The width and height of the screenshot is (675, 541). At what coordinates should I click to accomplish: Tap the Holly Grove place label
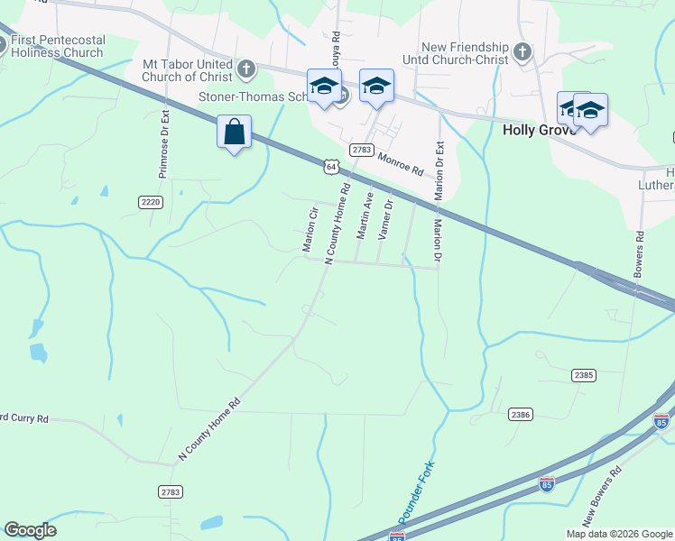[538, 130]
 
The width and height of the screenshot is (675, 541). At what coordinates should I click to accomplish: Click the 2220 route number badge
[152, 202]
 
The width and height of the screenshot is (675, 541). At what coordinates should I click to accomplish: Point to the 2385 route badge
[584, 374]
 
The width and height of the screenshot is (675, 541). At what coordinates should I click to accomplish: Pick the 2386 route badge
[520, 414]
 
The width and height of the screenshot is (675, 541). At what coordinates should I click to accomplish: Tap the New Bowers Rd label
[604, 496]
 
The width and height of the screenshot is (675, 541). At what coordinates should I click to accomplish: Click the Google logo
[30, 530]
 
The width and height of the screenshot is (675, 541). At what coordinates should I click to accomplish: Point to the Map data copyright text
[619, 534]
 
